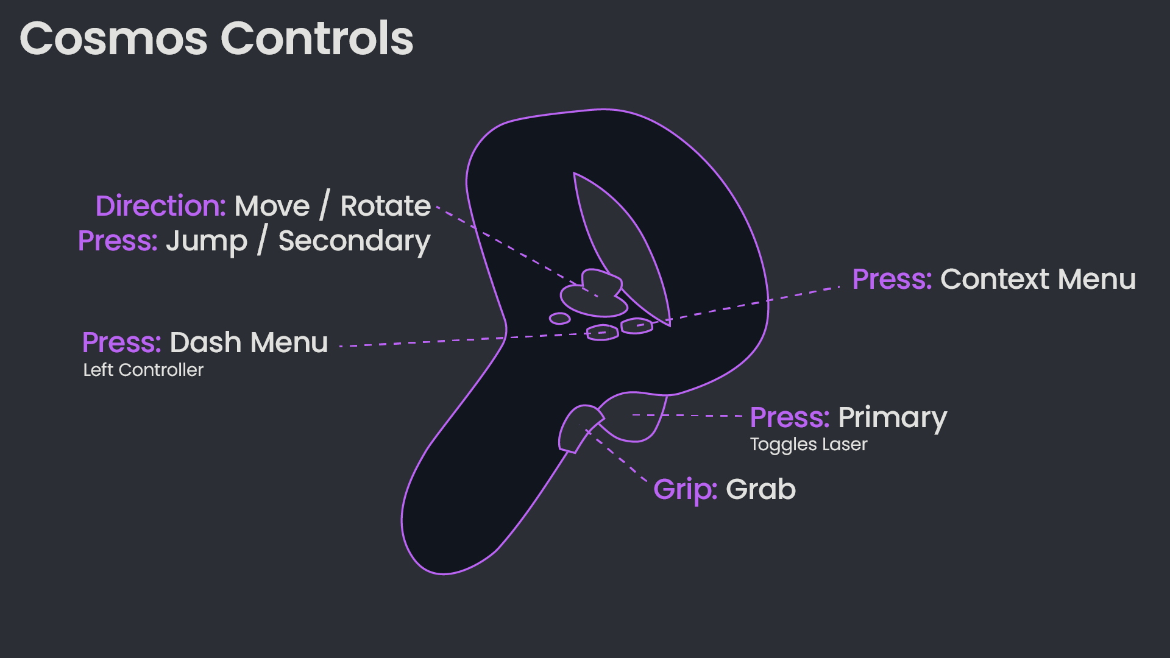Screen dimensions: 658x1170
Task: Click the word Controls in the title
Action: click(x=317, y=39)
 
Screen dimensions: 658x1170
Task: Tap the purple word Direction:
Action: click(x=161, y=206)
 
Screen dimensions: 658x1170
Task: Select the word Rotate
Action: click(x=385, y=206)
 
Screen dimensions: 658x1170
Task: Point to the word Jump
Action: click(x=207, y=241)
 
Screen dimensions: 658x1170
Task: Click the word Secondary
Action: click(x=354, y=241)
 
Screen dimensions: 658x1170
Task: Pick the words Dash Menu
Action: click(x=249, y=342)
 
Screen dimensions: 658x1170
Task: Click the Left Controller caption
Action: click(x=143, y=370)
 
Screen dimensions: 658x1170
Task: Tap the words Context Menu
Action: click(x=1038, y=280)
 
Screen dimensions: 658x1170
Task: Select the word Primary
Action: click(x=892, y=418)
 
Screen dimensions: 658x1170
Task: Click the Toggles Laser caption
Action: click(x=808, y=444)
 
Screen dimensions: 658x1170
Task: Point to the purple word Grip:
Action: click(x=685, y=489)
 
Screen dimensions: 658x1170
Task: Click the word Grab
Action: click(x=760, y=489)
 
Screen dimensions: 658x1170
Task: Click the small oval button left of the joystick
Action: click(x=559, y=319)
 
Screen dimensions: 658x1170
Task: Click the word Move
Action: click(x=272, y=206)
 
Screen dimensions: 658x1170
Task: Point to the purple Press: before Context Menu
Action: click(x=892, y=280)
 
